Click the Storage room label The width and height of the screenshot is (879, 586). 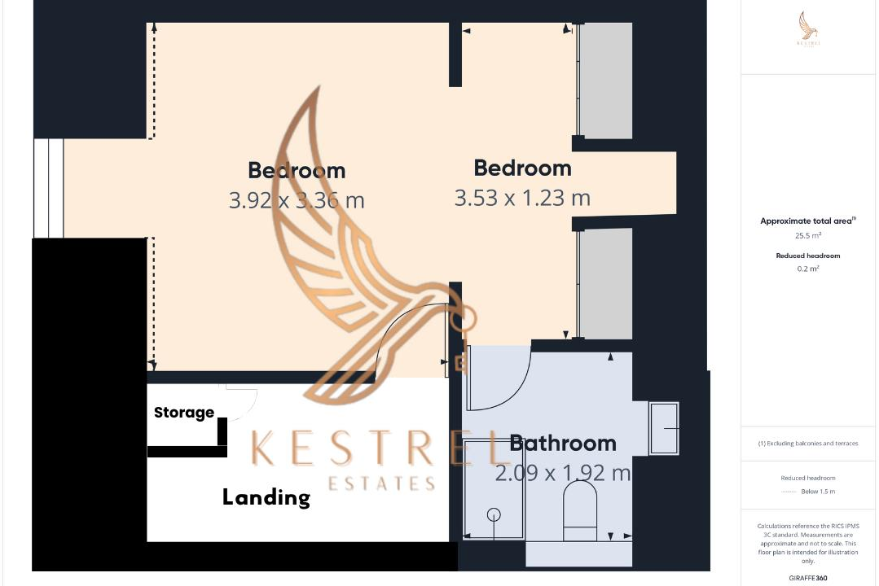(x=184, y=413)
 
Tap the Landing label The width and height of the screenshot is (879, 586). (x=266, y=497)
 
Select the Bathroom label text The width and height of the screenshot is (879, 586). (x=563, y=444)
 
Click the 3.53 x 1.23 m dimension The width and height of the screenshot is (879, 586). (x=522, y=198)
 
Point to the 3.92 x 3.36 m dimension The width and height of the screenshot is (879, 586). (x=297, y=200)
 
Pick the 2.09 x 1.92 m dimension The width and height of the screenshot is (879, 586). (x=563, y=473)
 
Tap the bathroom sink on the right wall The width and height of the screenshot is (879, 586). (x=664, y=428)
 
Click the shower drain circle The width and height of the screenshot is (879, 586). (x=494, y=514)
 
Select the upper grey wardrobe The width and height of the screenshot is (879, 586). (x=604, y=80)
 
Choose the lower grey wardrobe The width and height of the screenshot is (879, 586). (x=604, y=283)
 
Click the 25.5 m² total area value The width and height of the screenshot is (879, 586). (x=809, y=236)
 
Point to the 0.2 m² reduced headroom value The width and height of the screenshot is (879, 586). (x=808, y=269)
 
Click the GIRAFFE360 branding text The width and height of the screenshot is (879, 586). (x=808, y=576)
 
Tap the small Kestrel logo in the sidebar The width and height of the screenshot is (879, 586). (x=809, y=32)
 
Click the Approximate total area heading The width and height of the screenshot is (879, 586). (x=807, y=221)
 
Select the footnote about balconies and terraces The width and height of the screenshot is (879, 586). (x=808, y=444)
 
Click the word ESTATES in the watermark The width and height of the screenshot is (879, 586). (x=381, y=484)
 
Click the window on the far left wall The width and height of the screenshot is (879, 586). (x=48, y=187)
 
